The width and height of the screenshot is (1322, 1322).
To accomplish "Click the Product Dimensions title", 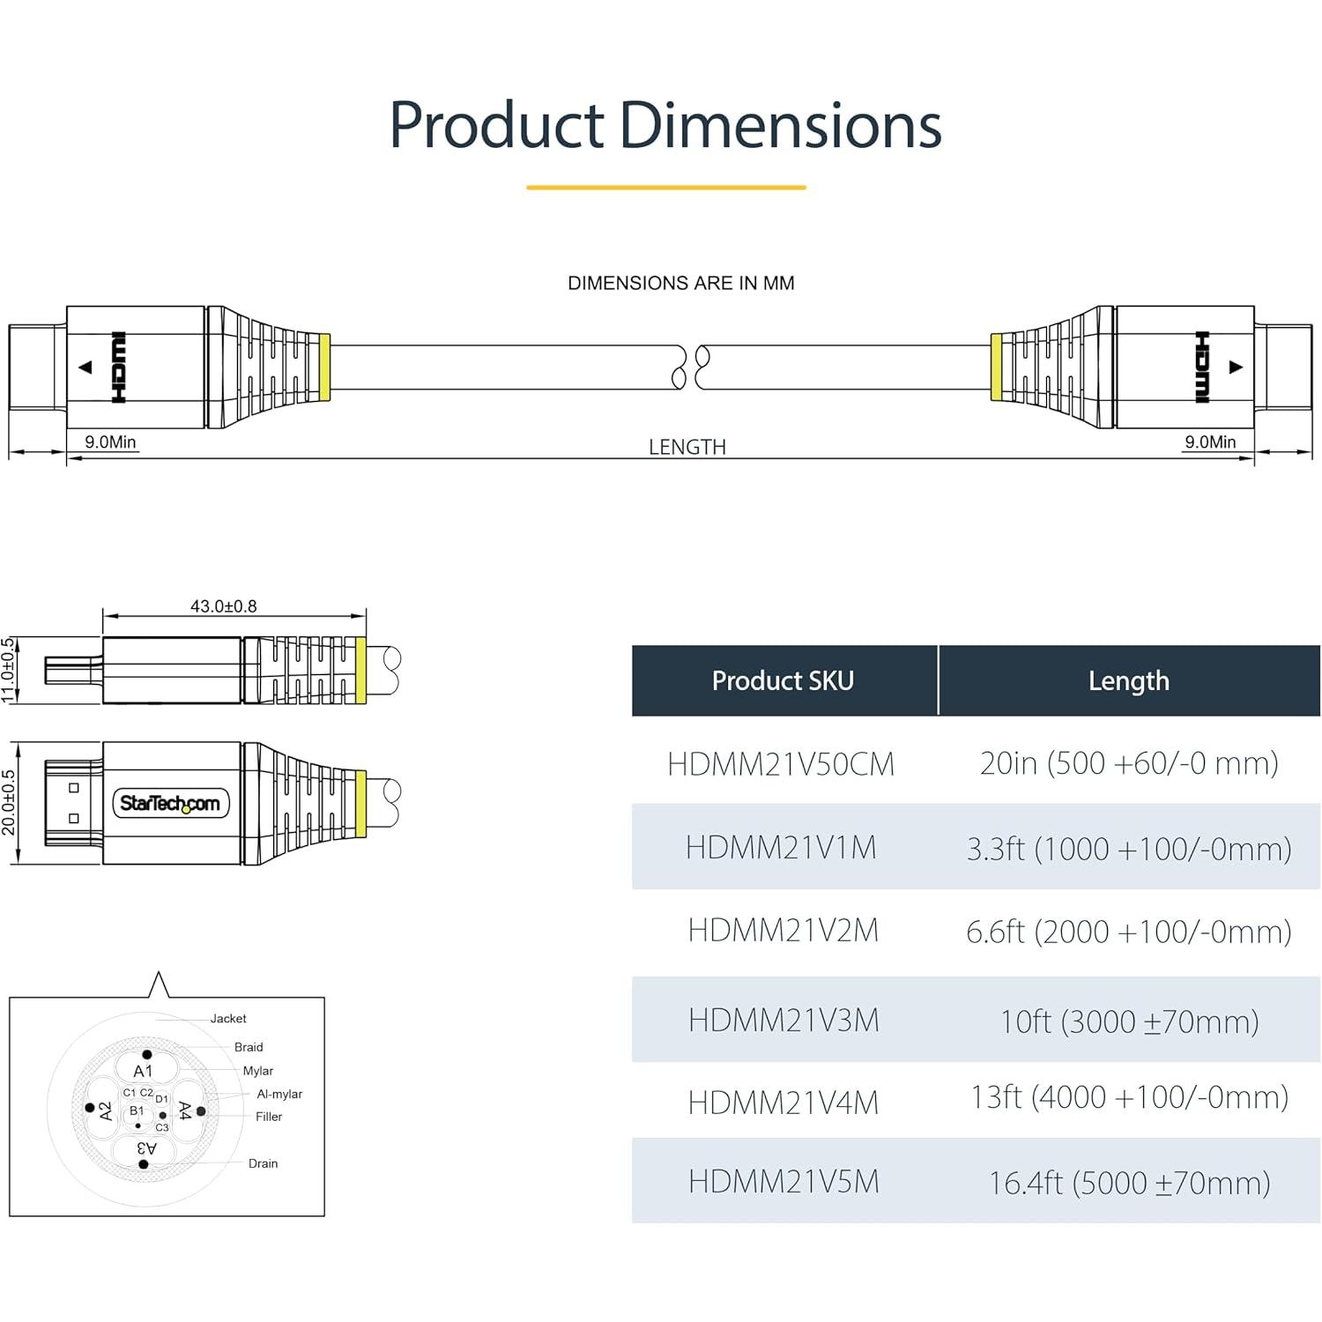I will coord(665,125).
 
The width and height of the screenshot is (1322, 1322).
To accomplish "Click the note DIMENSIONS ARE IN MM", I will coord(680,283).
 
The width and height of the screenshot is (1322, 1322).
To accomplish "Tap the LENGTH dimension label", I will coord(687,447).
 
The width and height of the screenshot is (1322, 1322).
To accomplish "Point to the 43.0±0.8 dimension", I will coord(223,606).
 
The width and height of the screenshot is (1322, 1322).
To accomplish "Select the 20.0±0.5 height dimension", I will coord(9,802).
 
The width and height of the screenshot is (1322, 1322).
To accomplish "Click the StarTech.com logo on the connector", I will coord(170,803).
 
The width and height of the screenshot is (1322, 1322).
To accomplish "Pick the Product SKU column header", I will coord(783,680).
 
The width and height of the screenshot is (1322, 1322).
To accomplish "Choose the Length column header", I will coord(1128,680).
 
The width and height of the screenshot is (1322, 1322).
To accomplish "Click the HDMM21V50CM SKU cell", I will coord(781,763).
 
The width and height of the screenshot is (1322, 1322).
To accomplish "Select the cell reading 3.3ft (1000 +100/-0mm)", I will coord(1128,848).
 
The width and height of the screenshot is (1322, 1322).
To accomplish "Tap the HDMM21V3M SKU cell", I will coord(784,1020).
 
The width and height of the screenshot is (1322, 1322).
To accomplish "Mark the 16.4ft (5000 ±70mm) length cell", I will coord(1128,1182).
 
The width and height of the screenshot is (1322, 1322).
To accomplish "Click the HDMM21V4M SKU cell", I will coord(784,1102).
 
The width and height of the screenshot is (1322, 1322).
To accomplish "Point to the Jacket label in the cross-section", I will coord(228,1019).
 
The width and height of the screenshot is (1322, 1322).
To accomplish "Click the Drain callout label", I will coord(263,1163).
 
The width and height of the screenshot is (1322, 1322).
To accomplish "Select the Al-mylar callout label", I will coord(279,1094).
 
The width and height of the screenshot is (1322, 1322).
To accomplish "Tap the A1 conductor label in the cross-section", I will coord(143,1071).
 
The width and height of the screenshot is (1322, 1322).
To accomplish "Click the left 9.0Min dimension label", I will coord(110,442).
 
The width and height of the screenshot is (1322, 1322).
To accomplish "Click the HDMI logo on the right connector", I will coord(1201,367).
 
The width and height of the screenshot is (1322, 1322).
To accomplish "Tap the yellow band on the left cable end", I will coord(324,367).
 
